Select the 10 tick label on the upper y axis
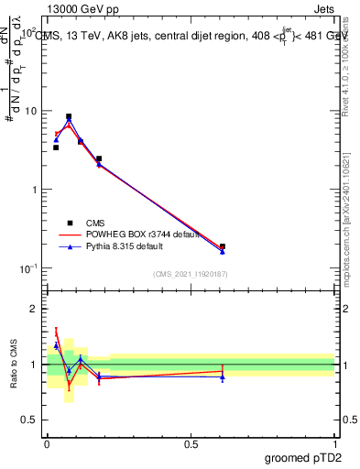click(32, 111)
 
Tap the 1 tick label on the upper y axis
click(36, 190)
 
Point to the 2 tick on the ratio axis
click(36, 310)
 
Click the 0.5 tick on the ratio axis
click(32, 420)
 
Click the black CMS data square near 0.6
click(223, 246)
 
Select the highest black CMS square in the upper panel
click(69, 117)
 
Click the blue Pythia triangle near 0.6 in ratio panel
click(223, 376)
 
